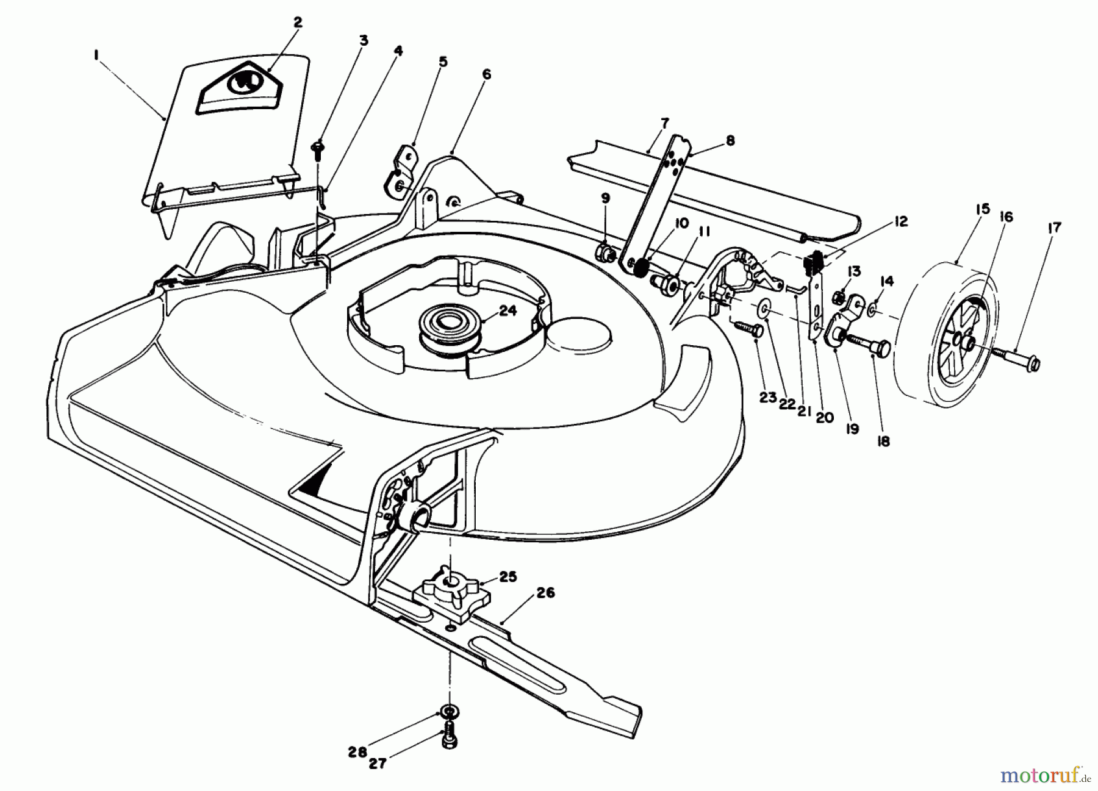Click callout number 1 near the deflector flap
(96, 55)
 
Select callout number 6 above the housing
(486, 74)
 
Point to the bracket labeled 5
(400, 170)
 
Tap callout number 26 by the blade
(545, 592)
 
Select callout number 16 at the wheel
(1006, 217)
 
